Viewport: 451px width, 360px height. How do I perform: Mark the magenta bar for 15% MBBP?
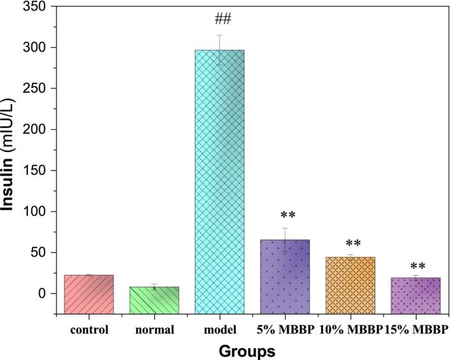[x=415, y=295]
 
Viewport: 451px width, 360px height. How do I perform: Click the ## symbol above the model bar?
[x=219, y=18]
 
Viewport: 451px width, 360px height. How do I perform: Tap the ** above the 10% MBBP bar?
[x=350, y=244]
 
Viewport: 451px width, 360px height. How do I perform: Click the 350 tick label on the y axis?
[x=37, y=7]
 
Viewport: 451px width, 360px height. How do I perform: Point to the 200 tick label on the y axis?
[x=37, y=130]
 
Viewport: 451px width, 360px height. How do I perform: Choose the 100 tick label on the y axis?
[x=37, y=212]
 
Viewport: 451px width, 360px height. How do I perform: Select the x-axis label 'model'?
[x=219, y=329]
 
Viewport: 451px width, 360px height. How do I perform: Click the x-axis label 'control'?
[x=89, y=329]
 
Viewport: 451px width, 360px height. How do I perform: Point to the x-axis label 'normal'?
[x=154, y=329]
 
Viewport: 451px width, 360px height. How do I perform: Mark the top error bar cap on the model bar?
[x=219, y=36]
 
